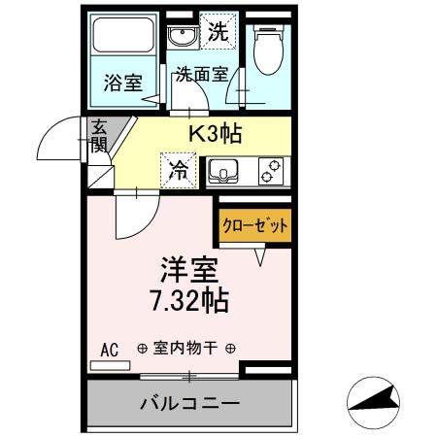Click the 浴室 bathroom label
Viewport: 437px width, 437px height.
[122, 83]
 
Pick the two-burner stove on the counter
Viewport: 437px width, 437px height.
[270, 171]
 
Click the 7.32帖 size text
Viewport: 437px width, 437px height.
[189, 301]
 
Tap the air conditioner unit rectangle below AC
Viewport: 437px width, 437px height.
[109, 365]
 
